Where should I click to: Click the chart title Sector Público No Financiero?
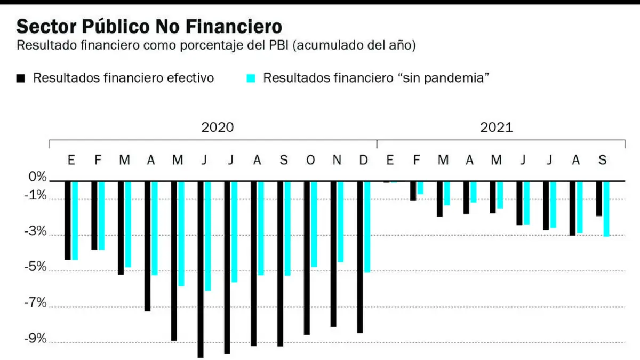click(x=149, y=26)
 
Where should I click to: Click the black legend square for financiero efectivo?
click(x=21, y=78)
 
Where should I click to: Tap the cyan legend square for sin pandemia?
click(x=251, y=78)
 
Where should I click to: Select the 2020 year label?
click(x=218, y=127)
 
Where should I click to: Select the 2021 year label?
click(x=497, y=127)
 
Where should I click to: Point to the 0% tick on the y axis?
click(x=37, y=177)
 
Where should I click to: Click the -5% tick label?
click(x=36, y=267)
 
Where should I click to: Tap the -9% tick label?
click(x=36, y=338)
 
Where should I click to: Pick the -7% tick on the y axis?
click(x=36, y=302)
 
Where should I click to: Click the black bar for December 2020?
click(x=360, y=257)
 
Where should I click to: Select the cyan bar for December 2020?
click(x=367, y=227)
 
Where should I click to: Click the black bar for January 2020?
click(x=68, y=221)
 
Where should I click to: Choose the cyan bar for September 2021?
click(x=606, y=209)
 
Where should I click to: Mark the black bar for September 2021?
click(x=599, y=198)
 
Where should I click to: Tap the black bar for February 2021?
click(x=413, y=191)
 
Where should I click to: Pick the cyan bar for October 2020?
click(x=314, y=225)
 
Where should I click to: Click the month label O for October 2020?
click(x=310, y=161)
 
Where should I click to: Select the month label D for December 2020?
click(x=363, y=161)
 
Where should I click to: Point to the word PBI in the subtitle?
click(x=279, y=45)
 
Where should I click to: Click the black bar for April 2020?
click(x=147, y=246)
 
